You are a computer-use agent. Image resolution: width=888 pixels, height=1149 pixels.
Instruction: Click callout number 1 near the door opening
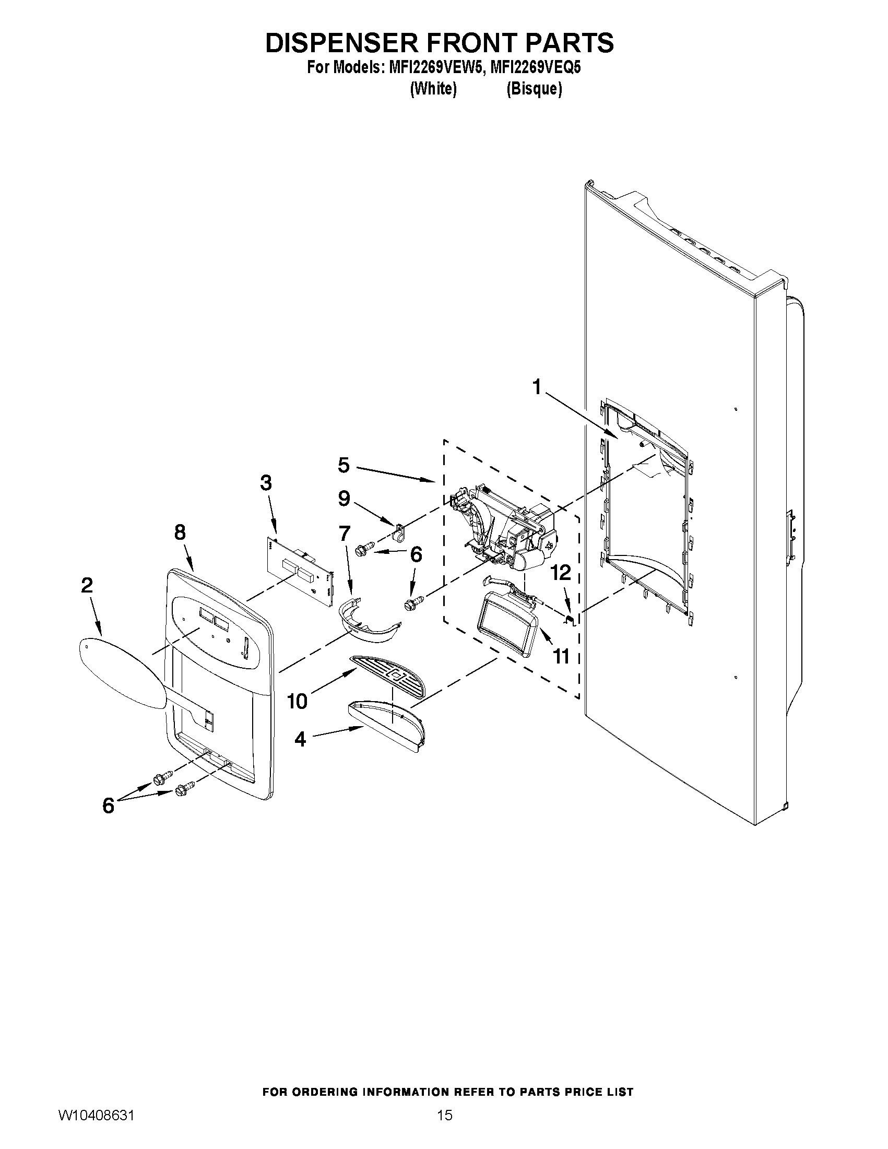[x=536, y=388]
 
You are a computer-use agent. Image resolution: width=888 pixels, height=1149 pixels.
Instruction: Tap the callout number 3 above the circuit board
[x=266, y=482]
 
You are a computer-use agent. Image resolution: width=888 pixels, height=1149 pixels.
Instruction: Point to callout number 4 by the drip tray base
[x=300, y=739]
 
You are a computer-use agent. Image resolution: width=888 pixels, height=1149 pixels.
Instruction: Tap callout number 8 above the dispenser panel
[x=180, y=532]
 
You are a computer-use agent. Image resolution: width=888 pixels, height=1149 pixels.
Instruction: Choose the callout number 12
[x=561, y=573]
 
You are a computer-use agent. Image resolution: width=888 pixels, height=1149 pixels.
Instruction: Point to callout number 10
[x=297, y=701]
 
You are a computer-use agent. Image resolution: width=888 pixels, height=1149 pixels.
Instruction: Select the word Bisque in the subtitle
[x=534, y=89]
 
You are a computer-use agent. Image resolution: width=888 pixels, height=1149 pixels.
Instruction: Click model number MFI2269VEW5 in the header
[x=433, y=68]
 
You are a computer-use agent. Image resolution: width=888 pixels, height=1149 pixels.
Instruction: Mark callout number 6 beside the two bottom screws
[x=108, y=806]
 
